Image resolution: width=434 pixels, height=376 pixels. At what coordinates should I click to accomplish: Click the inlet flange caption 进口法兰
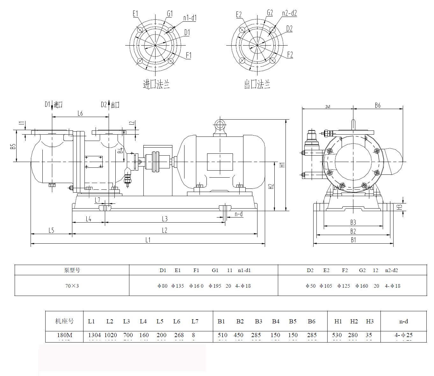(x=156, y=85)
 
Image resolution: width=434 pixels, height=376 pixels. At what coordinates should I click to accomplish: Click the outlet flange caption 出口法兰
(x=257, y=85)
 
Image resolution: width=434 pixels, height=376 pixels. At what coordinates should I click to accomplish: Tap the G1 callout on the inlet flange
(x=170, y=14)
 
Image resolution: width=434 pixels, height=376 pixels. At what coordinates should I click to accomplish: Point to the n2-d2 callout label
(x=289, y=13)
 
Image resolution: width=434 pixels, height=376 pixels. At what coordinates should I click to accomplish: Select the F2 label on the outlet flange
(x=290, y=55)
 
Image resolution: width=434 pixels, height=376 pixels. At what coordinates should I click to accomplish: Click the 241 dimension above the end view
(x=328, y=107)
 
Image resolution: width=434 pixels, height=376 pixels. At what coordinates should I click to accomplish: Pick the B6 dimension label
(x=378, y=106)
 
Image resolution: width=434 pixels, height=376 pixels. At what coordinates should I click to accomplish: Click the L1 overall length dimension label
(x=148, y=240)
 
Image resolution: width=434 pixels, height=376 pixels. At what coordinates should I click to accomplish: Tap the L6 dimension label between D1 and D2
(x=80, y=114)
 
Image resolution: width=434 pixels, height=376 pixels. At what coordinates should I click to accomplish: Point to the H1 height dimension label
(x=282, y=165)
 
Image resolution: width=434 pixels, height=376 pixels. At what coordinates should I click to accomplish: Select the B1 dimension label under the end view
(x=353, y=240)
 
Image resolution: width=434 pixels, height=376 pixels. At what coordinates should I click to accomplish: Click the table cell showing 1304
(x=94, y=335)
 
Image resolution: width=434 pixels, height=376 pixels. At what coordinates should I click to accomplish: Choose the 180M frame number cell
(x=65, y=335)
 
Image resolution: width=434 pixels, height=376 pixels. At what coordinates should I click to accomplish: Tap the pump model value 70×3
(x=72, y=286)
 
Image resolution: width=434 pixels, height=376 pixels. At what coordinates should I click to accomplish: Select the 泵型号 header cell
(x=72, y=270)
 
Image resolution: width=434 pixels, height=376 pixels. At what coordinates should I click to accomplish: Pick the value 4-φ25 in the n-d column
(x=403, y=335)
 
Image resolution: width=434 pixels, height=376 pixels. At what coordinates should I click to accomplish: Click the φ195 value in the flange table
(x=215, y=286)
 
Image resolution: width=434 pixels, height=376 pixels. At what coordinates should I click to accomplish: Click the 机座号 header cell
(x=64, y=321)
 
